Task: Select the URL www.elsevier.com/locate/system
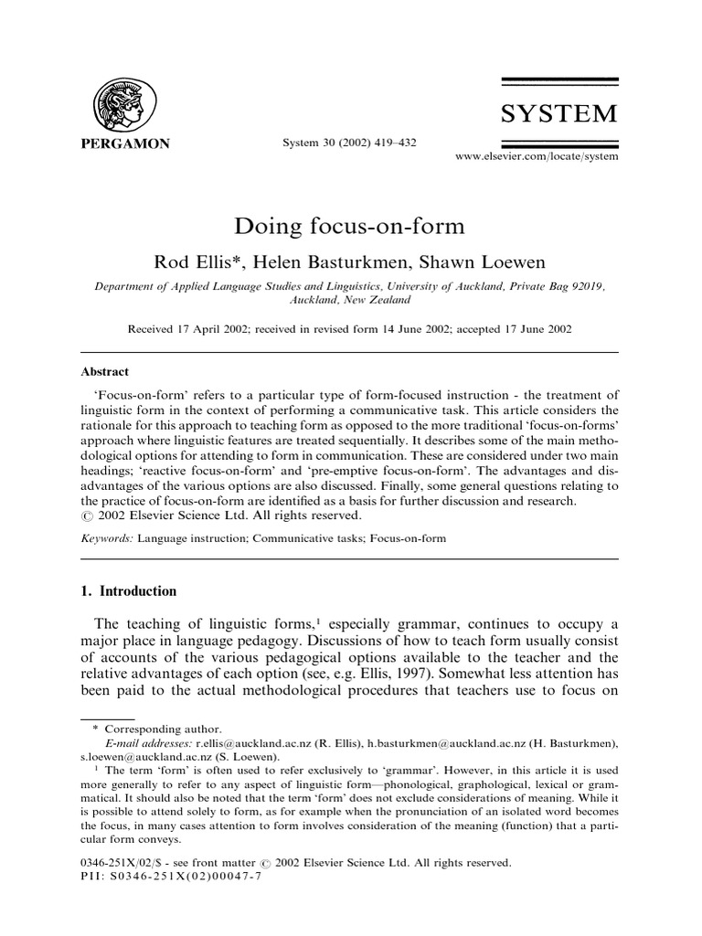coord(537,157)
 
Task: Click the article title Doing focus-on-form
coord(350,226)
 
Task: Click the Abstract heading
coord(105,372)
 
